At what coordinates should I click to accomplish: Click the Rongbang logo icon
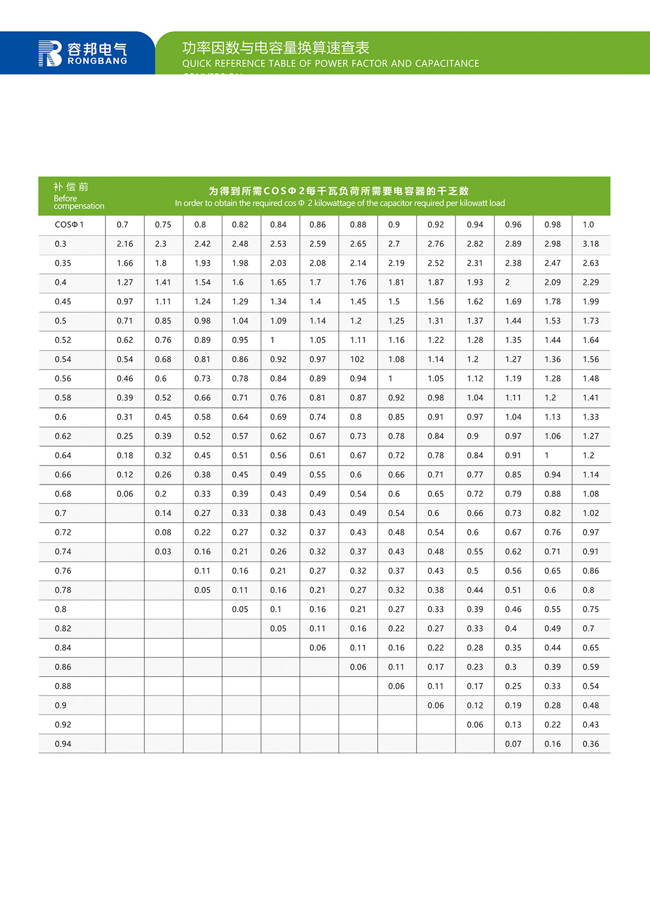(49, 53)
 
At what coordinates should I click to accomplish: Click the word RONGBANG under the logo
(97, 61)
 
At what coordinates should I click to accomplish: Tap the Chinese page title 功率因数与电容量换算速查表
(276, 48)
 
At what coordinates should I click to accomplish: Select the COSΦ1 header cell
(69, 224)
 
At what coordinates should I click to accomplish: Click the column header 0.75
(163, 224)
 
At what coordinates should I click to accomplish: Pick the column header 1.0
(588, 224)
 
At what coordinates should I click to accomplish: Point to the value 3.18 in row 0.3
(591, 244)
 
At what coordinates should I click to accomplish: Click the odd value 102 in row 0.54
(357, 359)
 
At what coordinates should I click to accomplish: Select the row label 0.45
(63, 302)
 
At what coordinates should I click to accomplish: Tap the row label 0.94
(63, 744)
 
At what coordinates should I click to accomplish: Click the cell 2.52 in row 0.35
(436, 263)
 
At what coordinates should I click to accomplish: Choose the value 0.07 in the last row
(513, 744)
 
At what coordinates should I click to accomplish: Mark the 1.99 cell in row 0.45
(591, 302)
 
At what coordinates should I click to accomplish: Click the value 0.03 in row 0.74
(163, 552)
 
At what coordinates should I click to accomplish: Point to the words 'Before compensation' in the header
(78, 202)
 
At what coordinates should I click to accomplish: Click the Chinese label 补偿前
(71, 187)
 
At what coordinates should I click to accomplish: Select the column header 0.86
(318, 224)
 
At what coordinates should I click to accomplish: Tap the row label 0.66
(63, 475)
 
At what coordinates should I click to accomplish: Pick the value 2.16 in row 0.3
(125, 244)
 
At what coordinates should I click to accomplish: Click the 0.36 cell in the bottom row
(591, 744)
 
